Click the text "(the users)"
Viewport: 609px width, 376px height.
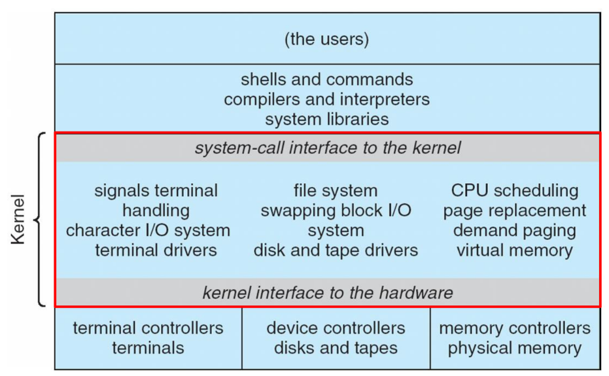(x=326, y=39)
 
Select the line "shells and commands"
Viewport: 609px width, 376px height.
(x=326, y=80)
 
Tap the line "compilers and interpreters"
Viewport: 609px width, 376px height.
(x=326, y=99)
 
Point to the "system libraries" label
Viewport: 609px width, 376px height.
(x=326, y=119)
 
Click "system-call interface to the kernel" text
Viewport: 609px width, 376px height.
(x=328, y=148)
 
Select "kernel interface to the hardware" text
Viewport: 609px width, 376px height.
(x=328, y=292)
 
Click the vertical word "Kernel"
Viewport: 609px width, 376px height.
(x=18, y=219)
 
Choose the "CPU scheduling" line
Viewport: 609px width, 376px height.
(x=515, y=191)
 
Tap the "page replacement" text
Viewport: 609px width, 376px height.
(x=515, y=211)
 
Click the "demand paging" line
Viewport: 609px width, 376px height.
(x=515, y=230)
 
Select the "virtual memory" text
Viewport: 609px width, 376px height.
(x=515, y=250)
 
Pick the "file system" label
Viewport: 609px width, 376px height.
(x=336, y=191)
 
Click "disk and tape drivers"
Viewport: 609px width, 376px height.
(x=336, y=250)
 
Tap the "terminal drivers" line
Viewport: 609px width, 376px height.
(x=156, y=250)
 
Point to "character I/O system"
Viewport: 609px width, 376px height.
(x=148, y=230)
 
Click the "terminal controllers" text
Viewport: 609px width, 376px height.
(x=148, y=328)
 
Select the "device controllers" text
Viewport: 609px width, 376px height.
(x=336, y=328)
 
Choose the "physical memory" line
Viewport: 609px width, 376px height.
(x=515, y=348)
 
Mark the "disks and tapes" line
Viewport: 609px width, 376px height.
(x=336, y=348)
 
